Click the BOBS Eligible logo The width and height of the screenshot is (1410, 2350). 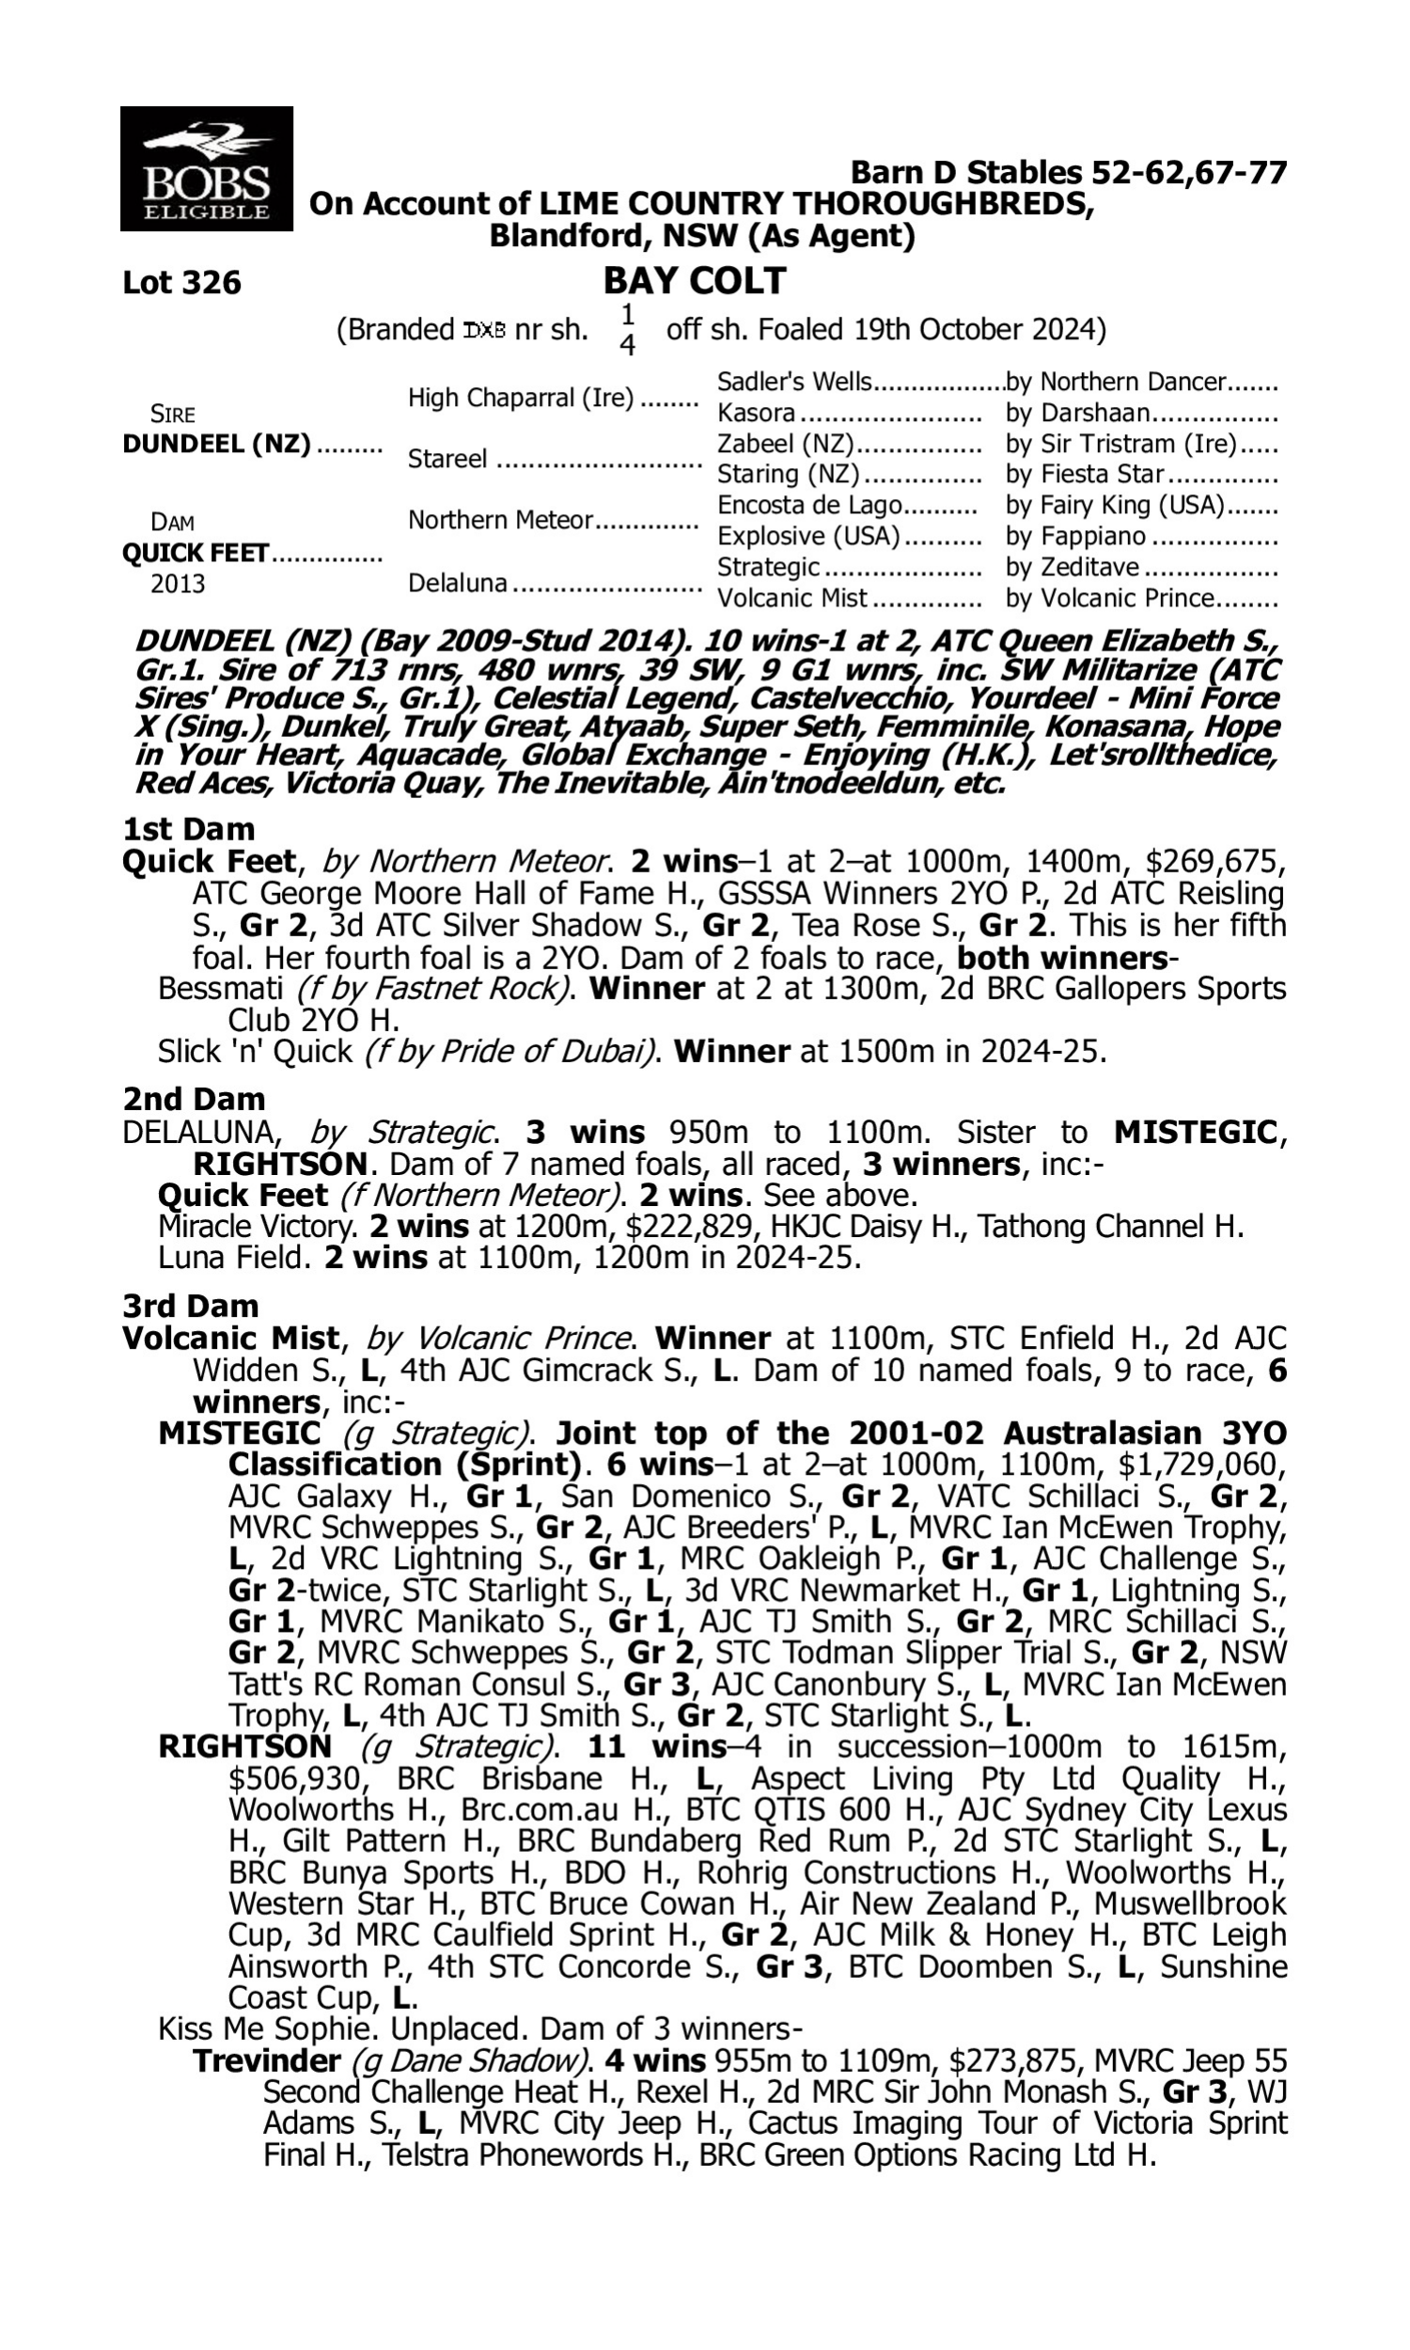pos(206,168)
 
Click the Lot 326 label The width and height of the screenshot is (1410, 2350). pos(181,282)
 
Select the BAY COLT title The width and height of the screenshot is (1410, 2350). pos(695,280)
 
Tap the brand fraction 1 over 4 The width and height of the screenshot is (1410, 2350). pos(627,330)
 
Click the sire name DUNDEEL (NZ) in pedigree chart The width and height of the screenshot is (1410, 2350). pos(216,445)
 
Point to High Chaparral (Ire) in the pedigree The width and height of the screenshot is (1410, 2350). pos(521,398)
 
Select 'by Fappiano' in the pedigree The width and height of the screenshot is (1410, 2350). pos(1075,536)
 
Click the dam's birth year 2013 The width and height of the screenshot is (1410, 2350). pos(178,583)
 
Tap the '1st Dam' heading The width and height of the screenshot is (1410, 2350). pos(188,829)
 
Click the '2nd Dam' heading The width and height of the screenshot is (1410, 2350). pos(193,1099)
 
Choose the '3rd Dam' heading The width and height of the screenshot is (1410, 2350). pos(190,1306)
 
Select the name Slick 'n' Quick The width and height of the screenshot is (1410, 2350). pos(255,1052)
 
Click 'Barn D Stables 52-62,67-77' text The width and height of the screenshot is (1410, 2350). pos(1068,173)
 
